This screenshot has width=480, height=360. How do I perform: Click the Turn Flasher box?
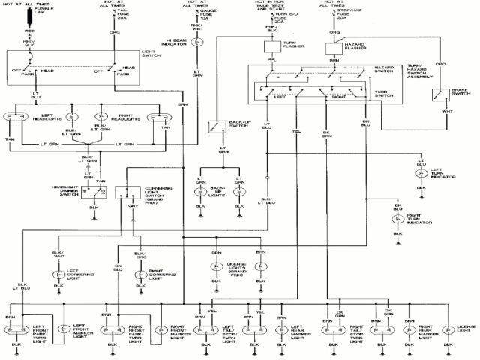pyautogui.click(x=271, y=46)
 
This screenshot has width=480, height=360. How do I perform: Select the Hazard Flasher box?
pyautogui.click(x=333, y=47)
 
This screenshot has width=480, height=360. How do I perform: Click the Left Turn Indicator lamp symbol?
pyautogui.click(x=421, y=172)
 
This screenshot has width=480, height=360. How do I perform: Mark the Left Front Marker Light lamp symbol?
pyautogui.click(x=64, y=328)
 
